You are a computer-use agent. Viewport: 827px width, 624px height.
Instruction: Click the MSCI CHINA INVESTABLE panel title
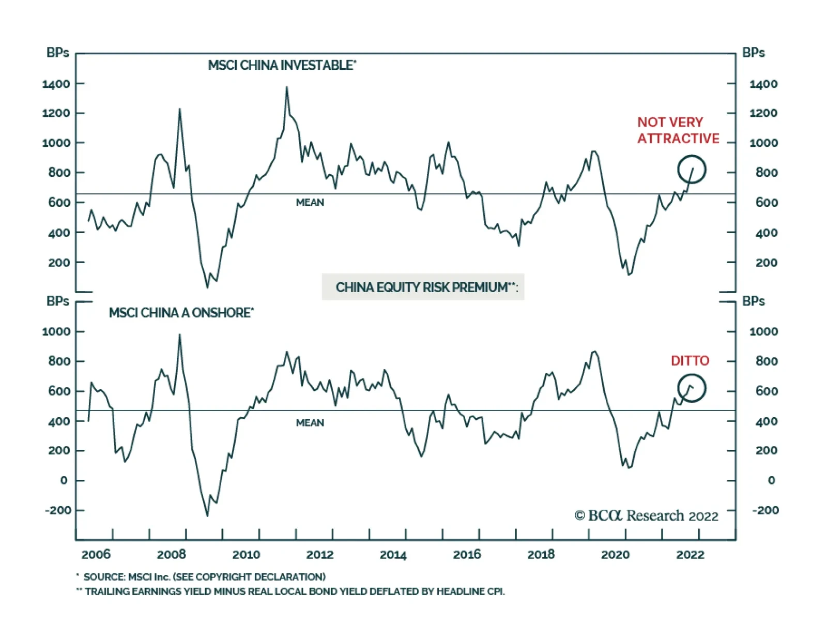[x=282, y=66]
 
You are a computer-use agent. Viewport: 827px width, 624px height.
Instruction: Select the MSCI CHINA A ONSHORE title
[x=181, y=313]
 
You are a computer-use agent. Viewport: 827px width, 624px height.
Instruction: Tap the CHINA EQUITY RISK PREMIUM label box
[x=423, y=287]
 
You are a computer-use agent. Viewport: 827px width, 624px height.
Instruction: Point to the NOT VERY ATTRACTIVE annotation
[x=678, y=130]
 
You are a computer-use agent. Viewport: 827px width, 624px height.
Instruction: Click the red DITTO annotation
[x=690, y=361]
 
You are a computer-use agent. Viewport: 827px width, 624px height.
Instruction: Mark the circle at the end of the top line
[x=692, y=170]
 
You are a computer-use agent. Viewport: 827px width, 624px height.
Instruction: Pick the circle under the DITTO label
[x=692, y=388]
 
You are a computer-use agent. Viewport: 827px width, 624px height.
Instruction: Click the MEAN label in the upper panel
[x=310, y=203]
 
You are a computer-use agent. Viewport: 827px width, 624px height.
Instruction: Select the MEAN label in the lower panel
[x=310, y=423]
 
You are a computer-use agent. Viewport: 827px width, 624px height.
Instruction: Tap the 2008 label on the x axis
[x=171, y=555]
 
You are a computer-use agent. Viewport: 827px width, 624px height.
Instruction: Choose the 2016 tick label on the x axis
[x=467, y=555]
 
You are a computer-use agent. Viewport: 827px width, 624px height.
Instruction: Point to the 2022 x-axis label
[x=690, y=555]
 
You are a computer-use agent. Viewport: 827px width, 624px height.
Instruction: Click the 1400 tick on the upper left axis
[x=56, y=84]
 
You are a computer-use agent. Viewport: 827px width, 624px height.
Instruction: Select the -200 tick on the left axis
[x=58, y=510]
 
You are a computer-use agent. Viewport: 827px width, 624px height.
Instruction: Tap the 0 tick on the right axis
[x=771, y=480]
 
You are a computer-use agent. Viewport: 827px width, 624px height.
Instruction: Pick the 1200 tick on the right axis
[x=763, y=113]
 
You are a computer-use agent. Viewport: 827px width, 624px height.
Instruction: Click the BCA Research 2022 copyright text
[x=646, y=516]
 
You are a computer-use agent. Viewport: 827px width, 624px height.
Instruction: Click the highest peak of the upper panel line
[x=287, y=87]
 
